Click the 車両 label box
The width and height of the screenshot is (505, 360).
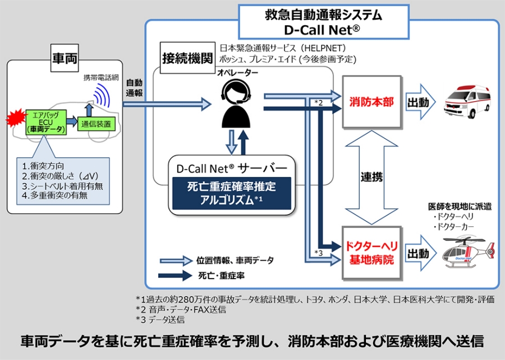[x=65, y=58]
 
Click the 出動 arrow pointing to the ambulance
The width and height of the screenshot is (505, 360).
[x=420, y=103]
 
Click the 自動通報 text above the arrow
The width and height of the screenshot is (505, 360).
[x=134, y=87]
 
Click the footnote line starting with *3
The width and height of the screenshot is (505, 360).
[x=160, y=320]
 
